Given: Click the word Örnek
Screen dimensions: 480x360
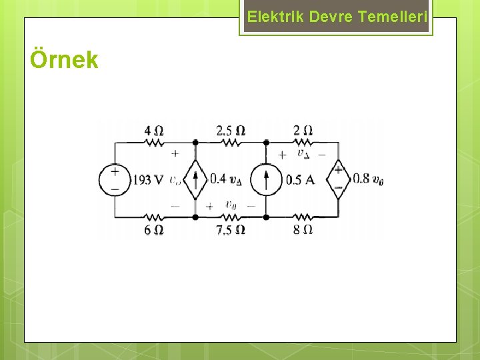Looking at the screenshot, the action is click(64, 60).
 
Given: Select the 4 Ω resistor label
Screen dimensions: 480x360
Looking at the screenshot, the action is click(154, 131).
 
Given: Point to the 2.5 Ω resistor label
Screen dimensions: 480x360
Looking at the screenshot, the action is click(230, 131).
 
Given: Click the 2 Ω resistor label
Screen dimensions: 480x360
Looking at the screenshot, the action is click(303, 131).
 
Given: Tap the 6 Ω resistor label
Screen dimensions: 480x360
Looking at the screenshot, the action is click(154, 229).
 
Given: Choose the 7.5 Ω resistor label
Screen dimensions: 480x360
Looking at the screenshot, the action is click(230, 229).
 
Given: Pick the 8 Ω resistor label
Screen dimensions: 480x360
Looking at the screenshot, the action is click(303, 229).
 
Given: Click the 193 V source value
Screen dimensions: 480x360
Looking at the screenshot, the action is click(148, 179).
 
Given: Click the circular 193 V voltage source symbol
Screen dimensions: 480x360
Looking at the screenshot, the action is click(115, 179).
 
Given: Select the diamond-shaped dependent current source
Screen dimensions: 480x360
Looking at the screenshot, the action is click(195, 179).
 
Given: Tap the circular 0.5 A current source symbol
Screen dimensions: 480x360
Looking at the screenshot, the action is click(266, 179).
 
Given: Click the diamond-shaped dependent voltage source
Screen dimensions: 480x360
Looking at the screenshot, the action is click(339, 179).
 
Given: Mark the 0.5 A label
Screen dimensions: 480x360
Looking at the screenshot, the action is click(300, 179).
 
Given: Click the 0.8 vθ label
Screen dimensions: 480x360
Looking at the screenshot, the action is click(368, 179).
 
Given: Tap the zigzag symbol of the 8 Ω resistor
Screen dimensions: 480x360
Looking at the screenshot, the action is click(303, 217).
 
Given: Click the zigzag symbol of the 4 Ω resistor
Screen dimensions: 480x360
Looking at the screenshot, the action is click(154, 142).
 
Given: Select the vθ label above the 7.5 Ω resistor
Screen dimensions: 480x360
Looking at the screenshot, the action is click(231, 205).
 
